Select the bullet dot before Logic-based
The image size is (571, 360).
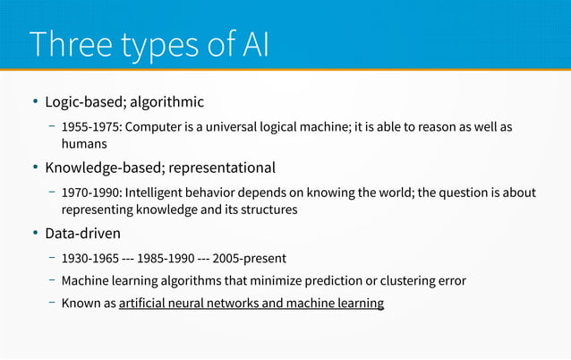point(36,101)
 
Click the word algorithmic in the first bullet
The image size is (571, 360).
point(169,101)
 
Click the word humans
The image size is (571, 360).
point(84,142)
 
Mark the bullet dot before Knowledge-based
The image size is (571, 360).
point(36,167)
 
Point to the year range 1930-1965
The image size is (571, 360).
point(90,259)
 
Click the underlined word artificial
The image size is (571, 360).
point(143,304)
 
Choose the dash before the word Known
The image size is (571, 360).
point(52,303)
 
